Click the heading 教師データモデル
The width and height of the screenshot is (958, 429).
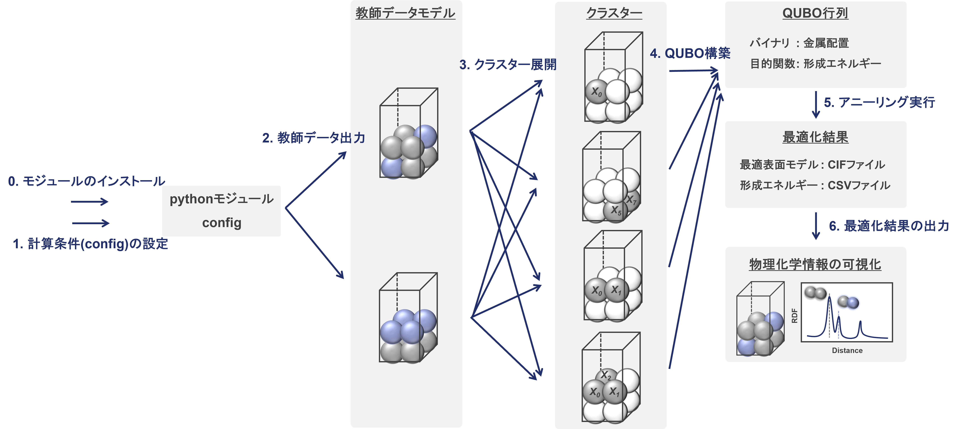405,13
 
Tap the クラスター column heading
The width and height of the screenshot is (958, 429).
614,13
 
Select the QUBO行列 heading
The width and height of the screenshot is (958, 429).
815,13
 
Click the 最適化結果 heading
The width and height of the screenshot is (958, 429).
815,137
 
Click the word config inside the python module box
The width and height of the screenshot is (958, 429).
222,223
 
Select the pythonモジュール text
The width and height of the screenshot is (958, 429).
222,199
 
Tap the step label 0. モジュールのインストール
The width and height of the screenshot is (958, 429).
86,181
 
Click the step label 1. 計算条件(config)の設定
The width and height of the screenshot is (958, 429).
90,244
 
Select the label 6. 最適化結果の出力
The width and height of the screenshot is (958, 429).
889,226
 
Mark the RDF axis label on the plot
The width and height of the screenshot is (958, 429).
794,316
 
